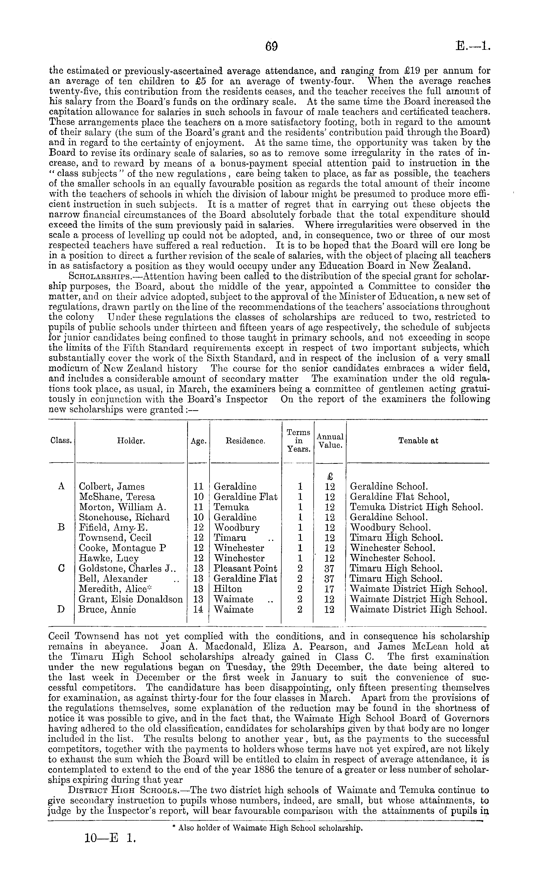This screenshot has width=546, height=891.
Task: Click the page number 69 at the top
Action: click(x=271, y=47)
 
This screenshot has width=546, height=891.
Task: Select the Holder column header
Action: click(x=131, y=441)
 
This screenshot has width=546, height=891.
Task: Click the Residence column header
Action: click(x=246, y=441)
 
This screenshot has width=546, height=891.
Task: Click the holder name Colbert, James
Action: click(x=112, y=487)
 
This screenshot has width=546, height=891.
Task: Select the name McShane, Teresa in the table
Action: click(x=117, y=497)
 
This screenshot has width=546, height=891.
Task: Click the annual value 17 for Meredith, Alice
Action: click(x=330, y=589)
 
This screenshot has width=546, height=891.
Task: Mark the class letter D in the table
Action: click(x=61, y=610)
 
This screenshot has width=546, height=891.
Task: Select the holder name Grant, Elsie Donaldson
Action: click(x=131, y=599)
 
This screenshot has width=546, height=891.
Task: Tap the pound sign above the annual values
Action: click(x=330, y=476)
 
